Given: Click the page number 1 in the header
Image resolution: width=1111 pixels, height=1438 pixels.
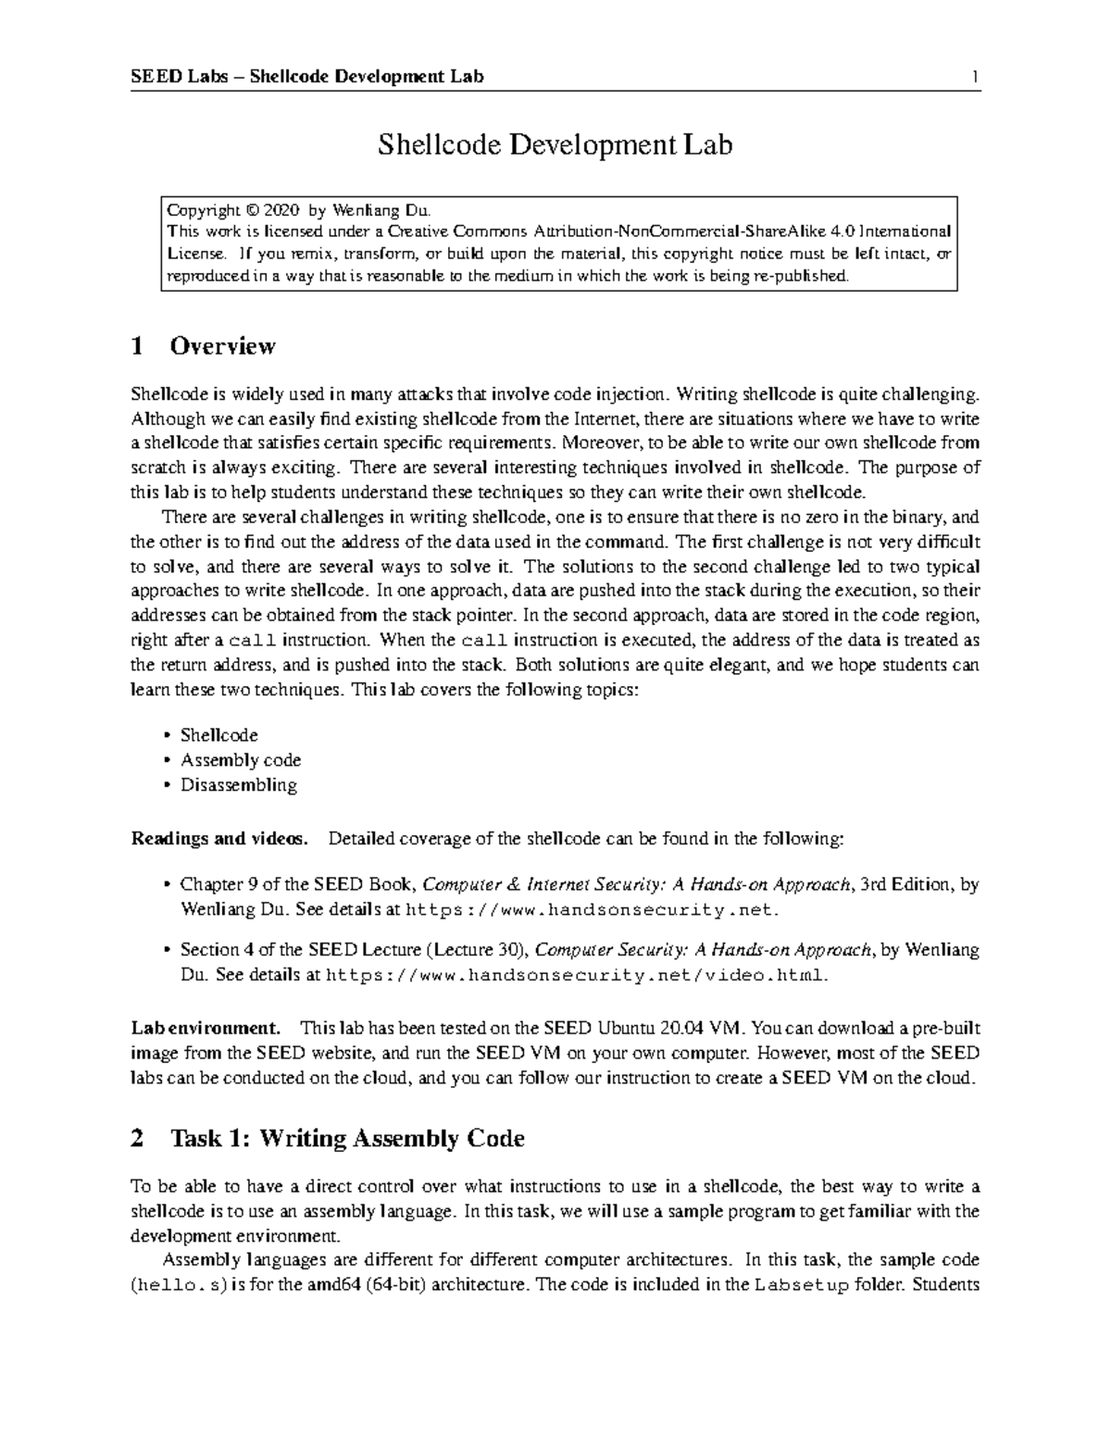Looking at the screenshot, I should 975,77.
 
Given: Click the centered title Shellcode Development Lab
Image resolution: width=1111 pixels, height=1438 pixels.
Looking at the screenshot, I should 555,144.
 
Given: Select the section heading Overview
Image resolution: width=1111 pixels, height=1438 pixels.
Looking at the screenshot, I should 222,346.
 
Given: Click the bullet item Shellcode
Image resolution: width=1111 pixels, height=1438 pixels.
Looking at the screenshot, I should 218,735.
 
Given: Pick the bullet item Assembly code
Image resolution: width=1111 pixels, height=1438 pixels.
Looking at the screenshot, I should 240,760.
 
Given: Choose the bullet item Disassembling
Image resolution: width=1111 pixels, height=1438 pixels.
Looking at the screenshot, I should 238,785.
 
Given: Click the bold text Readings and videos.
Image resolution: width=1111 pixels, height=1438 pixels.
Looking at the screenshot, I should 219,839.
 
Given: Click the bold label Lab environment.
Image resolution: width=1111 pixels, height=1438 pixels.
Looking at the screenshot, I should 206,1028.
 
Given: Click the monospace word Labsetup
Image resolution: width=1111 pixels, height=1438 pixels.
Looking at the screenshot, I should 802,1285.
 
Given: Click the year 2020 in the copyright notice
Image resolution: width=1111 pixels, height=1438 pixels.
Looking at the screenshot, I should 281,210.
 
